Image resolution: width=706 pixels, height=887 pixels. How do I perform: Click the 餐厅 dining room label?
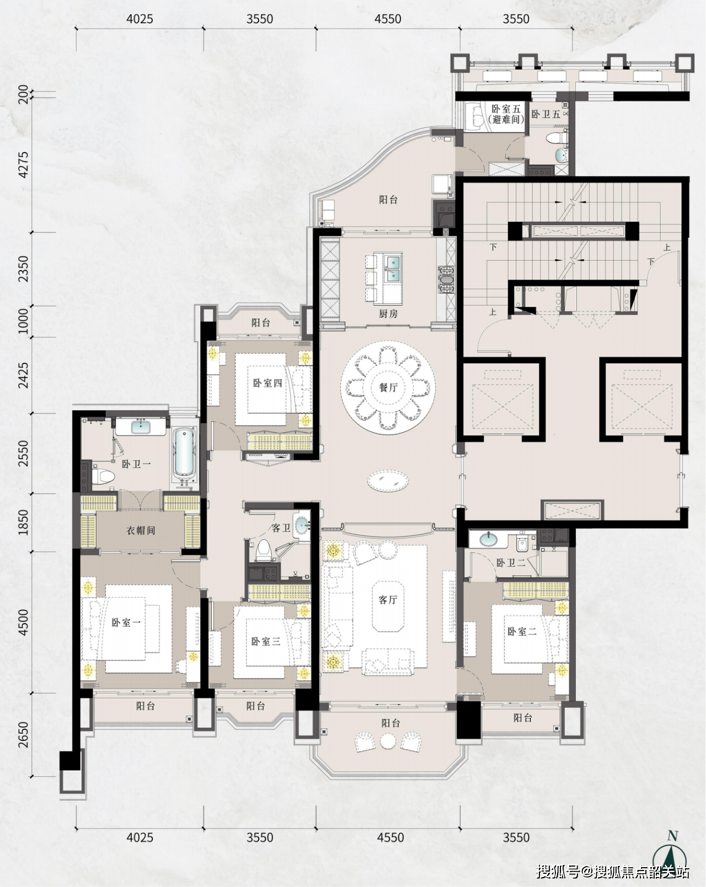(388, 388)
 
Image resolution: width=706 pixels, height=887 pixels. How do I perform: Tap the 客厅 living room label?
(388, 600)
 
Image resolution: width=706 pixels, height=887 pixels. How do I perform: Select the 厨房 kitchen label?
(388, 314)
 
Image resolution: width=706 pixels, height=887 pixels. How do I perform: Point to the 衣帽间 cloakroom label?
(141, 530)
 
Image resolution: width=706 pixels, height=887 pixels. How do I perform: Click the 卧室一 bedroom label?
(126, 622)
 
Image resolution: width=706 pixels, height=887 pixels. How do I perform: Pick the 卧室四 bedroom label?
(267, 383)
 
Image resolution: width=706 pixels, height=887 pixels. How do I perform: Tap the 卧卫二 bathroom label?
(511, 563)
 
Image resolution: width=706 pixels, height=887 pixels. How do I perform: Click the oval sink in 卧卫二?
(489, 538)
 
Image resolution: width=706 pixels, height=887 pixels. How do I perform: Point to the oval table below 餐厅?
(388, 480)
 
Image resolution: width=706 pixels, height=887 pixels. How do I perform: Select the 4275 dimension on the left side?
(24, 165)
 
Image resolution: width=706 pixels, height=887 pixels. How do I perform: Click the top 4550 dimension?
(388, 19)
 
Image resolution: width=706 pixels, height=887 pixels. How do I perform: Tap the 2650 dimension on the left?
(24, 734)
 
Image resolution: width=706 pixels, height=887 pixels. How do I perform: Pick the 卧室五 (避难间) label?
(506, 114)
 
